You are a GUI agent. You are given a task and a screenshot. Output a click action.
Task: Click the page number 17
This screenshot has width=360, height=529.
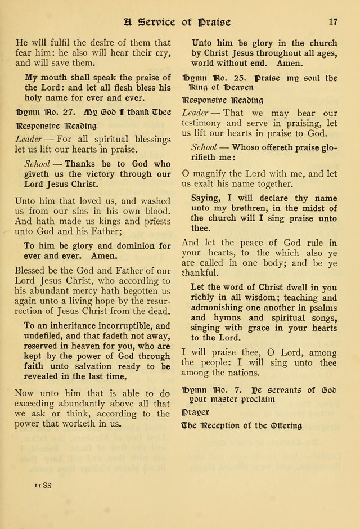332,23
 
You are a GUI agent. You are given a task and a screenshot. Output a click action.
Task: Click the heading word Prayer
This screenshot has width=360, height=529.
195,413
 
